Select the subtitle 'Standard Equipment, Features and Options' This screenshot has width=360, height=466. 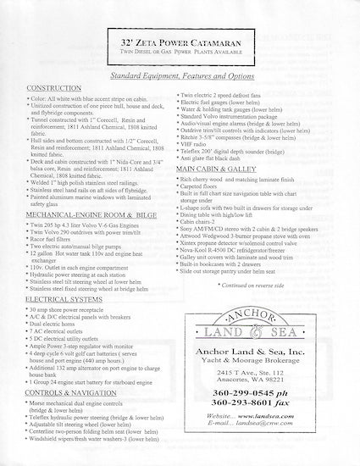(180, 75)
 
